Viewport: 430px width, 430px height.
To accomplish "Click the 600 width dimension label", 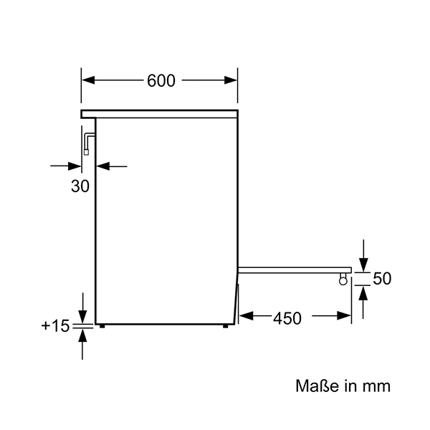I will tap(161, 81).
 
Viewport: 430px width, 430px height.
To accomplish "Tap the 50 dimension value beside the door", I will tap(382, 279).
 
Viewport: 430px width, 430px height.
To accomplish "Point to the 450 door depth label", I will tap(286, 317).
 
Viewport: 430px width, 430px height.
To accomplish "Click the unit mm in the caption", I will tap(376, 386).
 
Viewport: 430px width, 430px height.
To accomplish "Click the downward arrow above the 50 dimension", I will tap(363, 264).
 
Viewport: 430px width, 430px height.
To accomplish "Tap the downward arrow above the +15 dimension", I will tap(83, 316).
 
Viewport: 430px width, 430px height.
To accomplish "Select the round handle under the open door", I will tap(343, 281).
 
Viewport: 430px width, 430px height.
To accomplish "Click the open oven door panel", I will tap(294, 270).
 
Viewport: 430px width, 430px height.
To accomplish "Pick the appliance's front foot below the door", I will tap(226, 326).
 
